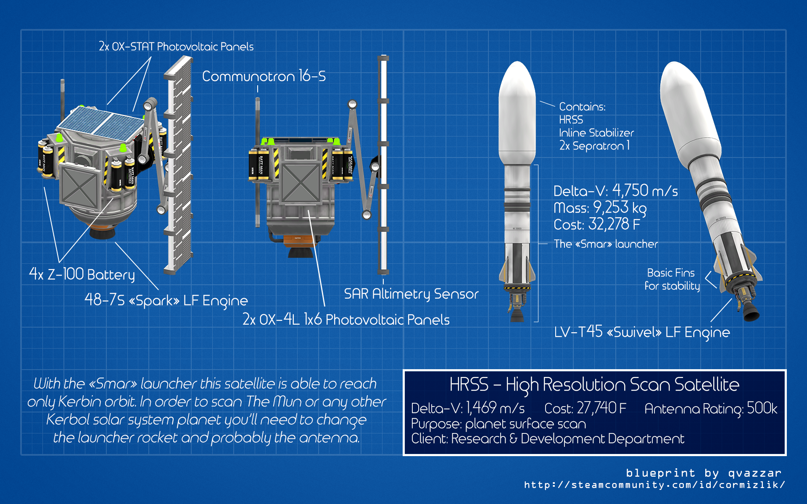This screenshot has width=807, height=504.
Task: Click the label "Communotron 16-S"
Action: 264,76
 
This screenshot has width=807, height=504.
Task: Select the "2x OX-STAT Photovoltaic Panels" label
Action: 176,47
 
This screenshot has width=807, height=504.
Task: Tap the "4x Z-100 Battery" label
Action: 82,275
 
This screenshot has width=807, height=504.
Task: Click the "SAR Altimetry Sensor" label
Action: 411,294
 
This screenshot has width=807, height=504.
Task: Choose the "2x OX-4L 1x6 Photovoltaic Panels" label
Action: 346,320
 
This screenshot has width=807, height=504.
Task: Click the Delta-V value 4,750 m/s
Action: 645,191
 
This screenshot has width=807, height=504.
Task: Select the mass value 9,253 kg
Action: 620,208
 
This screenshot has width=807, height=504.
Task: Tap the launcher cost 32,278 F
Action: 614,224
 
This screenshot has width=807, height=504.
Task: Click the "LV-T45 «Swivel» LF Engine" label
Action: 642,332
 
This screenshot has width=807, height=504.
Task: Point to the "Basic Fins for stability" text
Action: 672,280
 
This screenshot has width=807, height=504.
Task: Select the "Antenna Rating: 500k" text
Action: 711,408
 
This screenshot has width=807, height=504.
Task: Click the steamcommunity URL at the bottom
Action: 654,485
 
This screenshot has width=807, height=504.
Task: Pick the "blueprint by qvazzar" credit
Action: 704,473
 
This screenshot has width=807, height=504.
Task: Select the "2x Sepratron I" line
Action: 594,146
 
